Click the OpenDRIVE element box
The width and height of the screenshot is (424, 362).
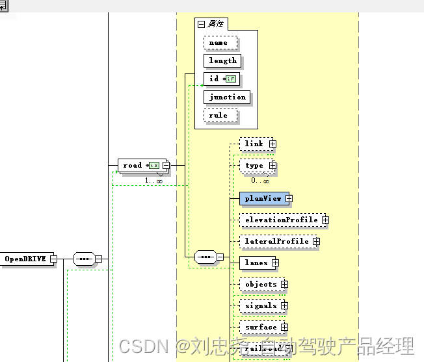point(25,259)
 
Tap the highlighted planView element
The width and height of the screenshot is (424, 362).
point(263,198)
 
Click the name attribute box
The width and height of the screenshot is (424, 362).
point(219,42)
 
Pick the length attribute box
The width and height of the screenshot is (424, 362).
point(222,60)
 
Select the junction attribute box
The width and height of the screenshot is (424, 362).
point(227,97)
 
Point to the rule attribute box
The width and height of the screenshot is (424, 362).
point(219,115)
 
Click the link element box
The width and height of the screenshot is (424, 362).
point(254,144)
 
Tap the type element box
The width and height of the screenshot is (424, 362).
point(254,166)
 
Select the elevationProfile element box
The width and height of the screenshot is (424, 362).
point(280,220)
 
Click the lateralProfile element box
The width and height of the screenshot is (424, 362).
point(276,241)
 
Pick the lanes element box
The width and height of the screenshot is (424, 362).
point(256,263)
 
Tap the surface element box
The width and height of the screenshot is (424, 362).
point(260,327)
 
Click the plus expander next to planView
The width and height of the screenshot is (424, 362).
point(289,198)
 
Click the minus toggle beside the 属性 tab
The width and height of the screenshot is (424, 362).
point(201,24)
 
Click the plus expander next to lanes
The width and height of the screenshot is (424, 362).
point(275,263)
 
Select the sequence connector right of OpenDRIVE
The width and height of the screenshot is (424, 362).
point(84,259)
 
